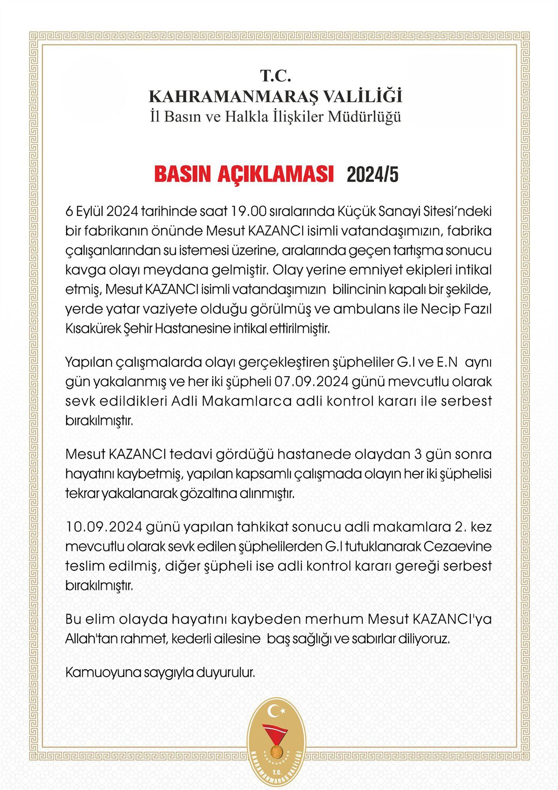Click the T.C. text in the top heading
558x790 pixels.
click(276, 76)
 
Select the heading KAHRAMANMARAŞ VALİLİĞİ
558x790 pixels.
click(276, 96)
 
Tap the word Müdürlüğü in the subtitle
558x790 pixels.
click(364, 117)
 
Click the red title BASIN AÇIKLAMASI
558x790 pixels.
click(244, 174)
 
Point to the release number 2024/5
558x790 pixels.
click(372, 175)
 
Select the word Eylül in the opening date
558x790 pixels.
click(90, 211)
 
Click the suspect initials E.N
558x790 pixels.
click(447, 362)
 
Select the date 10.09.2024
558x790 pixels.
click(104, 527)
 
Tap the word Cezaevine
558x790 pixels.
click(457, 546)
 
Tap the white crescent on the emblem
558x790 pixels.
click(275, 711)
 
